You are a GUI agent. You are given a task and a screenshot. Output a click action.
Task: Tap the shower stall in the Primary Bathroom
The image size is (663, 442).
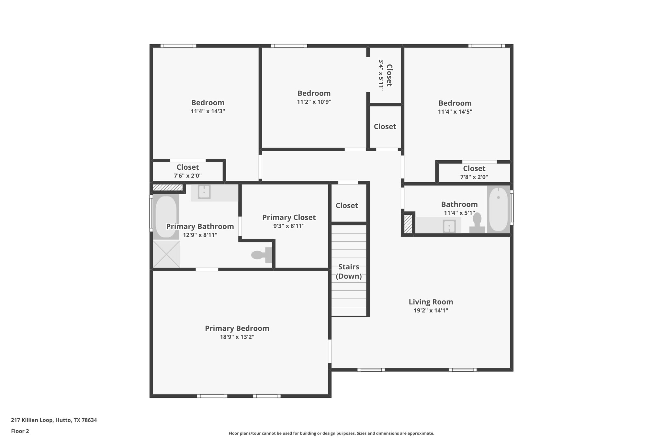(x=166, y=254)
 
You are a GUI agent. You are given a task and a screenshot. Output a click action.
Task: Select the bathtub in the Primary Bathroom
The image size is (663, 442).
(x=166, y=216)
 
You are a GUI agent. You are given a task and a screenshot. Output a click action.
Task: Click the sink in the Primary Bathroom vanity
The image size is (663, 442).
(x=204, y=192)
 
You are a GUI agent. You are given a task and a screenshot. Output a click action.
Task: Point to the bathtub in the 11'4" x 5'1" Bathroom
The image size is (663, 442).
(x=498, y=209)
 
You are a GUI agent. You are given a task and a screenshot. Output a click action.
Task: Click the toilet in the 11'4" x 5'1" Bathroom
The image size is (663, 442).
(x=477, y=223)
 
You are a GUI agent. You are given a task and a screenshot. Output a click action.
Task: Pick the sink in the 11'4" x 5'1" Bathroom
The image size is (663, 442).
(x=449, y=226)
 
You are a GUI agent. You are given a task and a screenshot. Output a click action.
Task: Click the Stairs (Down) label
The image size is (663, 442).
(x=349, y=271)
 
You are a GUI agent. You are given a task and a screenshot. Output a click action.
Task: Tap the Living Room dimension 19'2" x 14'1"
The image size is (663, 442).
(x=431, y=311)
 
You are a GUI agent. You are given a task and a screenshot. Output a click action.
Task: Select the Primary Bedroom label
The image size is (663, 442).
(x=237, y=328)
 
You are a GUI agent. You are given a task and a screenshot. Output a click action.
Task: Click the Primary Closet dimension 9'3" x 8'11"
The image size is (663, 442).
(x=289, y=226)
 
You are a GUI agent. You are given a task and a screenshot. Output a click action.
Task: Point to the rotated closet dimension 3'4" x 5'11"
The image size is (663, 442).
(x=381, y=75)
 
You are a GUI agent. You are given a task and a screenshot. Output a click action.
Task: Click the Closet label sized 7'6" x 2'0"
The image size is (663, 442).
(x=188, y=167)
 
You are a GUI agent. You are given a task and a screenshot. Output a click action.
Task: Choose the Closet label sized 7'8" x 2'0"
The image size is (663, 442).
(x=474, y=168)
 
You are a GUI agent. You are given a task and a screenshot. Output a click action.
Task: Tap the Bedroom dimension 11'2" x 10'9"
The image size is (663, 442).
(x=314, y=102)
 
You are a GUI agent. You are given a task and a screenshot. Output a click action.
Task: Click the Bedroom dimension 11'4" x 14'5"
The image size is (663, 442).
(x=455, y=112)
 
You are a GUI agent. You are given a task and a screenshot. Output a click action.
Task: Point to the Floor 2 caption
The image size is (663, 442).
(x=20, y=431)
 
